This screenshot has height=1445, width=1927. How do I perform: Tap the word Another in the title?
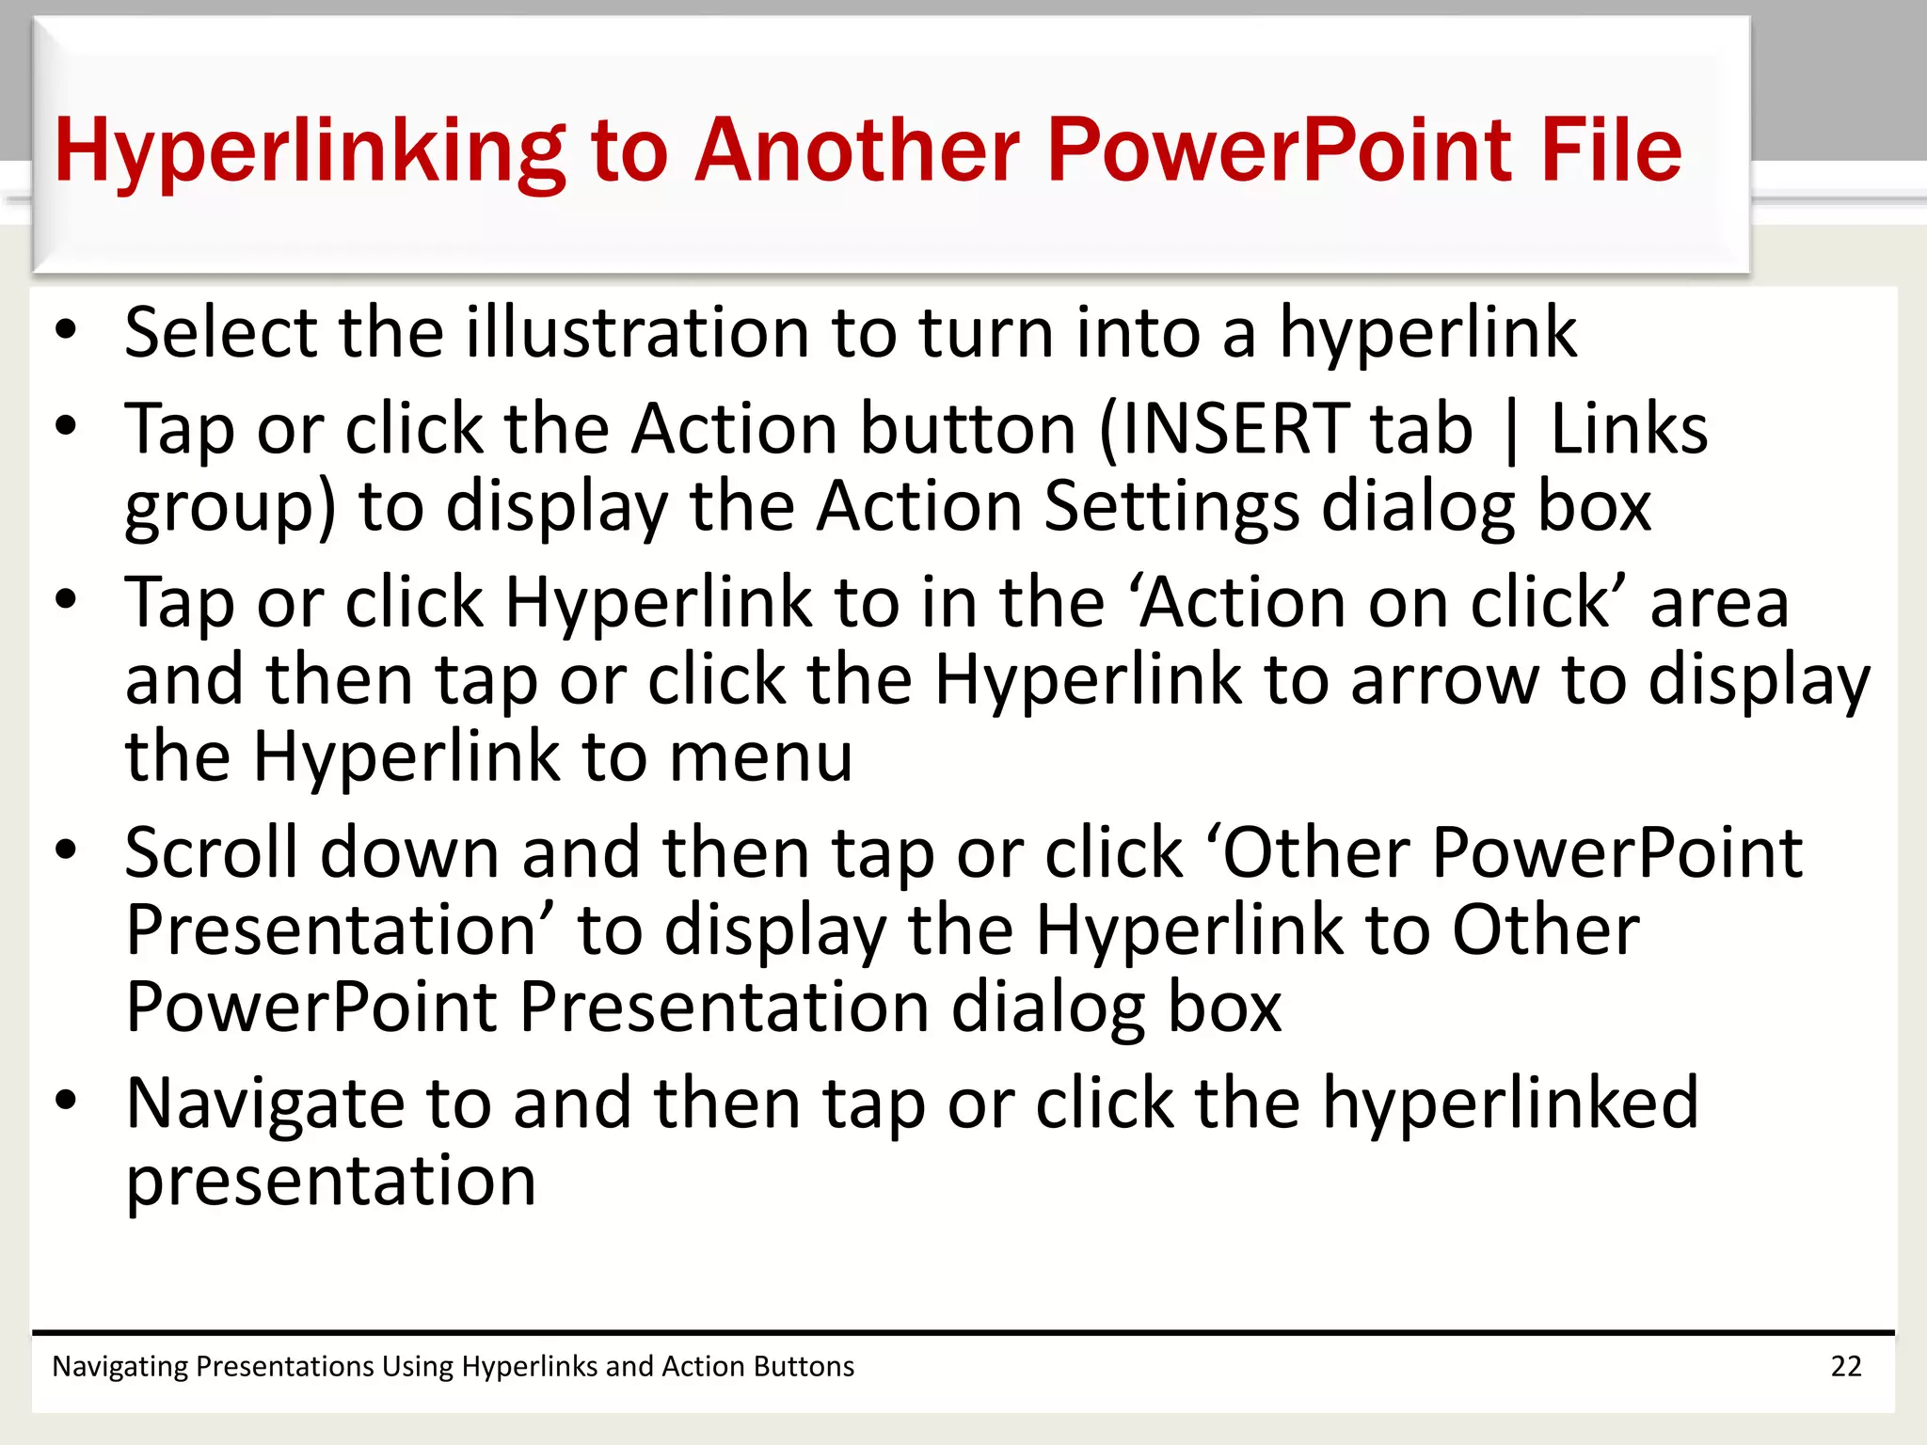tap(856, 151)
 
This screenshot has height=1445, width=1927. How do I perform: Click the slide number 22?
tap(1845, 1366)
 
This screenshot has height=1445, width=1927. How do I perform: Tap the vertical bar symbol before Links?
tap(1511, 432)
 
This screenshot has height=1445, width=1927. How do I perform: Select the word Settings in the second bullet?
tap(1171, 507)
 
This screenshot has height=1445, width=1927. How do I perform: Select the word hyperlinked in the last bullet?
tap(1510, 1104)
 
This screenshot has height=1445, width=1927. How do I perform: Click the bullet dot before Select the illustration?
tap(65, 330)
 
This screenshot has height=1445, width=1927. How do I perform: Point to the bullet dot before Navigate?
tap(65, 1099)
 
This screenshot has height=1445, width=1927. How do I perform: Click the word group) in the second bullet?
tap(230, 509)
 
